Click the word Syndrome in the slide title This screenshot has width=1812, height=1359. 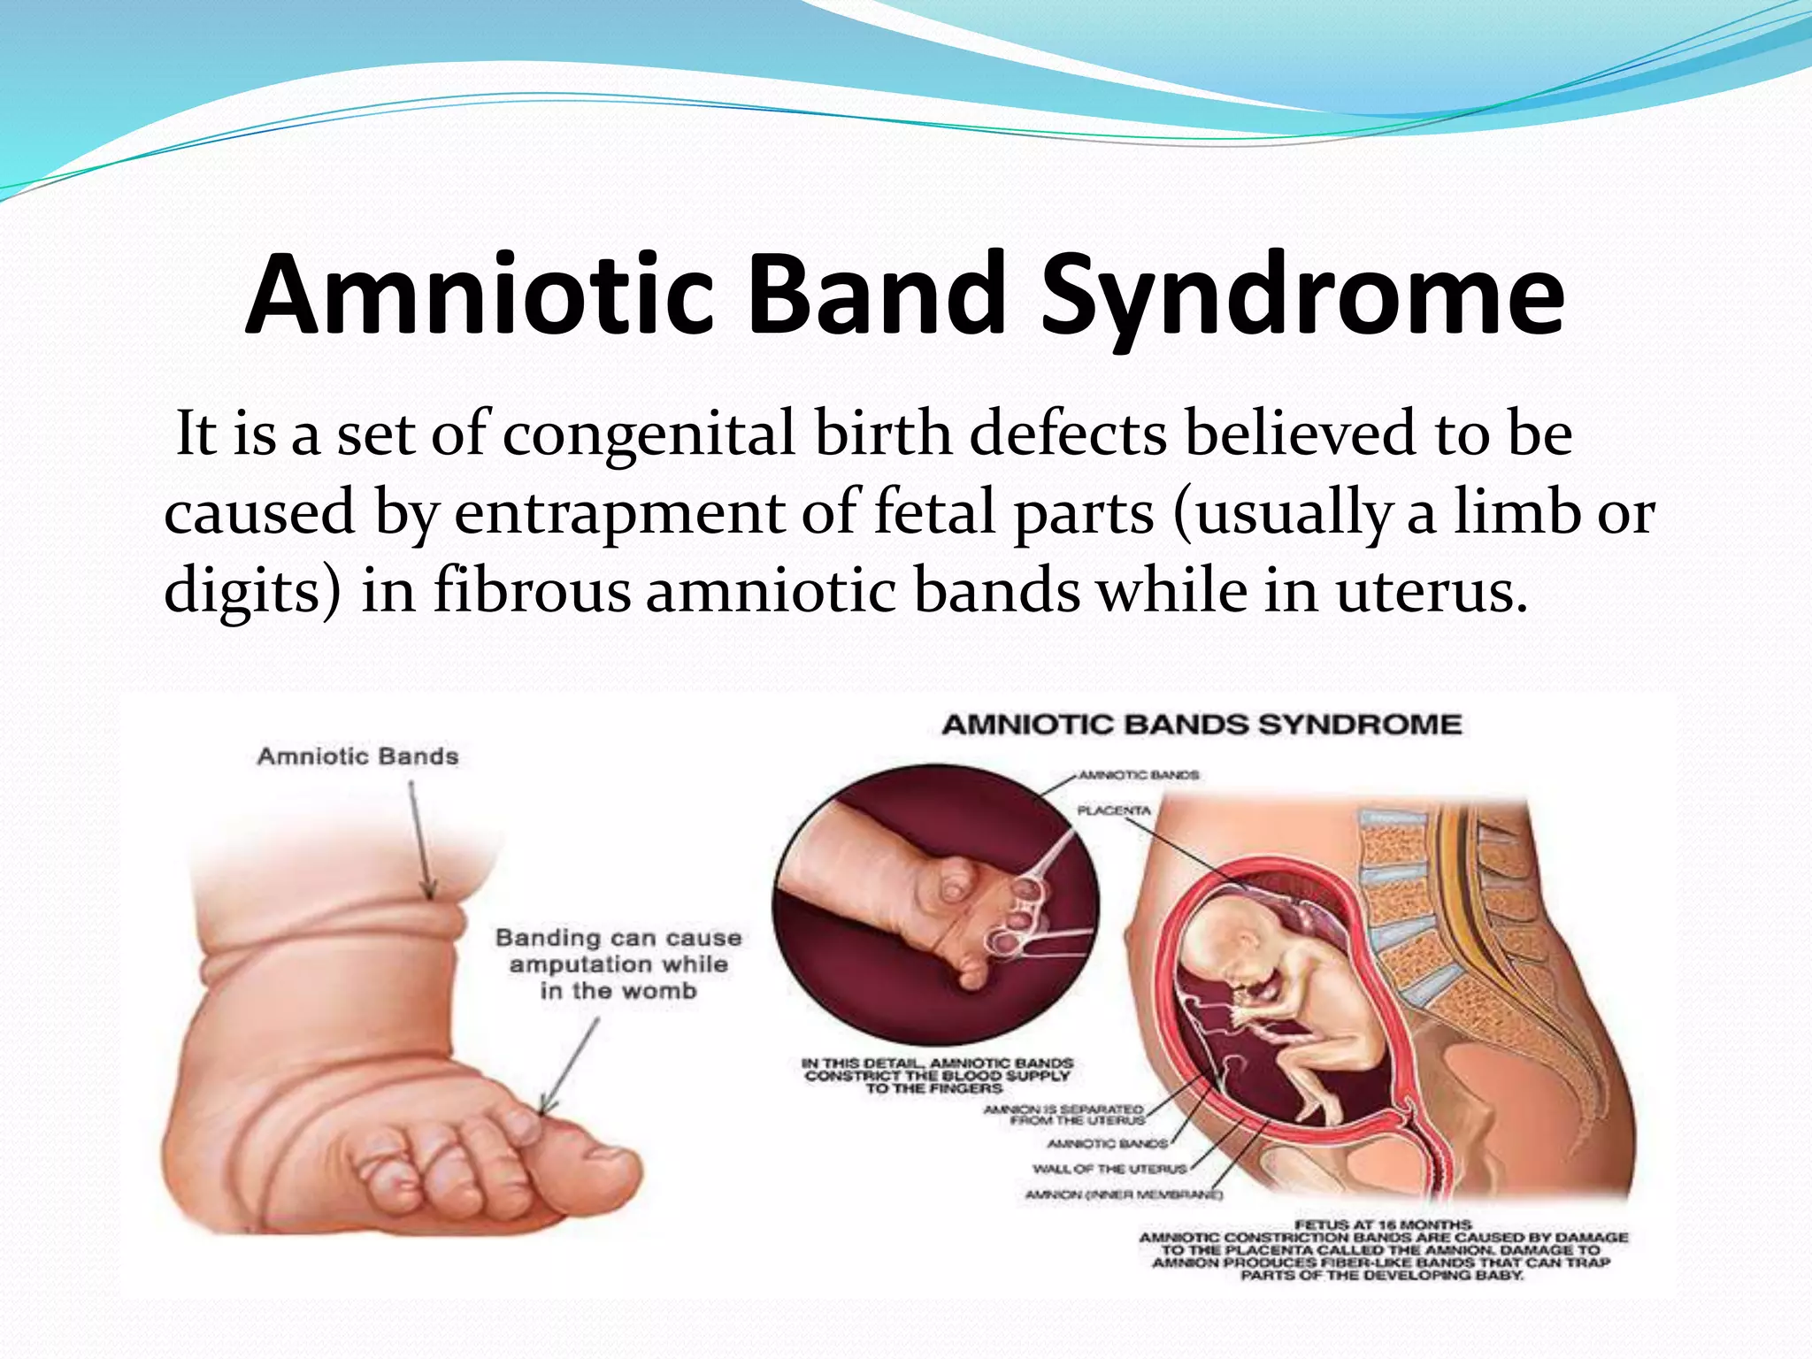click(1301, 296)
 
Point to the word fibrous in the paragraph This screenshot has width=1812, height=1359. click(532, 591)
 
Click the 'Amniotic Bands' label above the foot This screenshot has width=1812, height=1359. click(358, 757)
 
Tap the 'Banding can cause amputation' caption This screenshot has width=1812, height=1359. click(618, 964)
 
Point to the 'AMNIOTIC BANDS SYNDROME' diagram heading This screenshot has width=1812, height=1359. click(1202, 725)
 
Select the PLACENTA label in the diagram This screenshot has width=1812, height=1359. click(1114, 810)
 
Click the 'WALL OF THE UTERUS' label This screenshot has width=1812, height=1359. click(1109, 1169)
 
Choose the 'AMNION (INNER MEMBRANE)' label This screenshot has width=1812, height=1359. click(1124, 1195)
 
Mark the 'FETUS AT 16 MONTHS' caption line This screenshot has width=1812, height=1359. click(1383, 1225)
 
